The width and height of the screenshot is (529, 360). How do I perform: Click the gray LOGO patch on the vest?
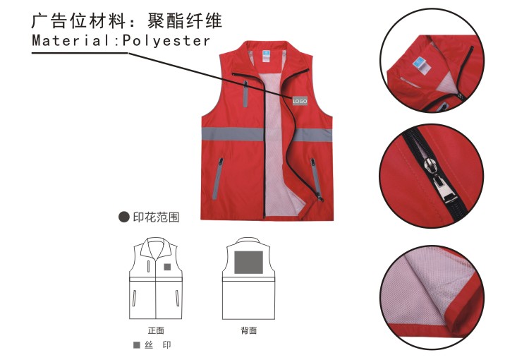click(300, 101)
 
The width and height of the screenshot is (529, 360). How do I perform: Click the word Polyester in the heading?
click(166, 41)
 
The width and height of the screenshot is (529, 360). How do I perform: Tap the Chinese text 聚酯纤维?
click(185, 21)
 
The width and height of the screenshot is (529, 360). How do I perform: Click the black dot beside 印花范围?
click(124, 217)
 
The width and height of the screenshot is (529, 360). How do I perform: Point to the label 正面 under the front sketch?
click(156, 330)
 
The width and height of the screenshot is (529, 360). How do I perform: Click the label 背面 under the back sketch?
click(249, 330)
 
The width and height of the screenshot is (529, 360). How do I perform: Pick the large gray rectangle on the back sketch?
click(249, 262)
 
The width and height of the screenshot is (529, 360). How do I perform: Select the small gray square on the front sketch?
click(167, 267)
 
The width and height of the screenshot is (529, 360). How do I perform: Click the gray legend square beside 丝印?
click(137, 344)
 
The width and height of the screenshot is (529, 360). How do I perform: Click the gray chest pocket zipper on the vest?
click(245, 94)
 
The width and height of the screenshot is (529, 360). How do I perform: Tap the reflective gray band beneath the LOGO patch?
click(312, 135)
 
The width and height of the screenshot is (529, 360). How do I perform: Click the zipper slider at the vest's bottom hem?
click(319, 197)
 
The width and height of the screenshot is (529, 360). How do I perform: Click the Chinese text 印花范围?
click(156, 217)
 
